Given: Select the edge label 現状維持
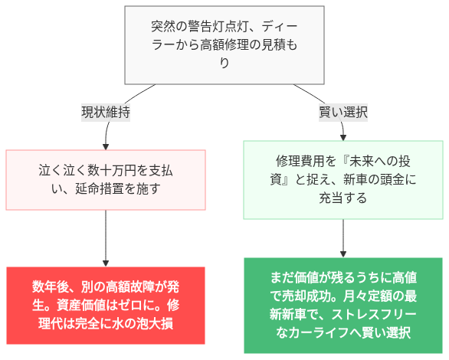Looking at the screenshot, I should coord(106,112).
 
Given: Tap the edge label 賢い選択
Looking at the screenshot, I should coord(342,112).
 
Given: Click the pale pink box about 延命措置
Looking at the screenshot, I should coord(106,179).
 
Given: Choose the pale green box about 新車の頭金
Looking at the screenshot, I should coord(342,179).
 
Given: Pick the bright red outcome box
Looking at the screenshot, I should coord(106,306).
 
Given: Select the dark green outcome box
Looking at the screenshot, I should coord(342,305).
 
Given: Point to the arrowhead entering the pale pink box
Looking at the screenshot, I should coord(106,146).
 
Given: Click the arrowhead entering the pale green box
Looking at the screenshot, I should coord(342,136).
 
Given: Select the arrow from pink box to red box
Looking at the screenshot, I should coord(106,237).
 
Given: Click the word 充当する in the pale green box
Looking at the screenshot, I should coord(342,198).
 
